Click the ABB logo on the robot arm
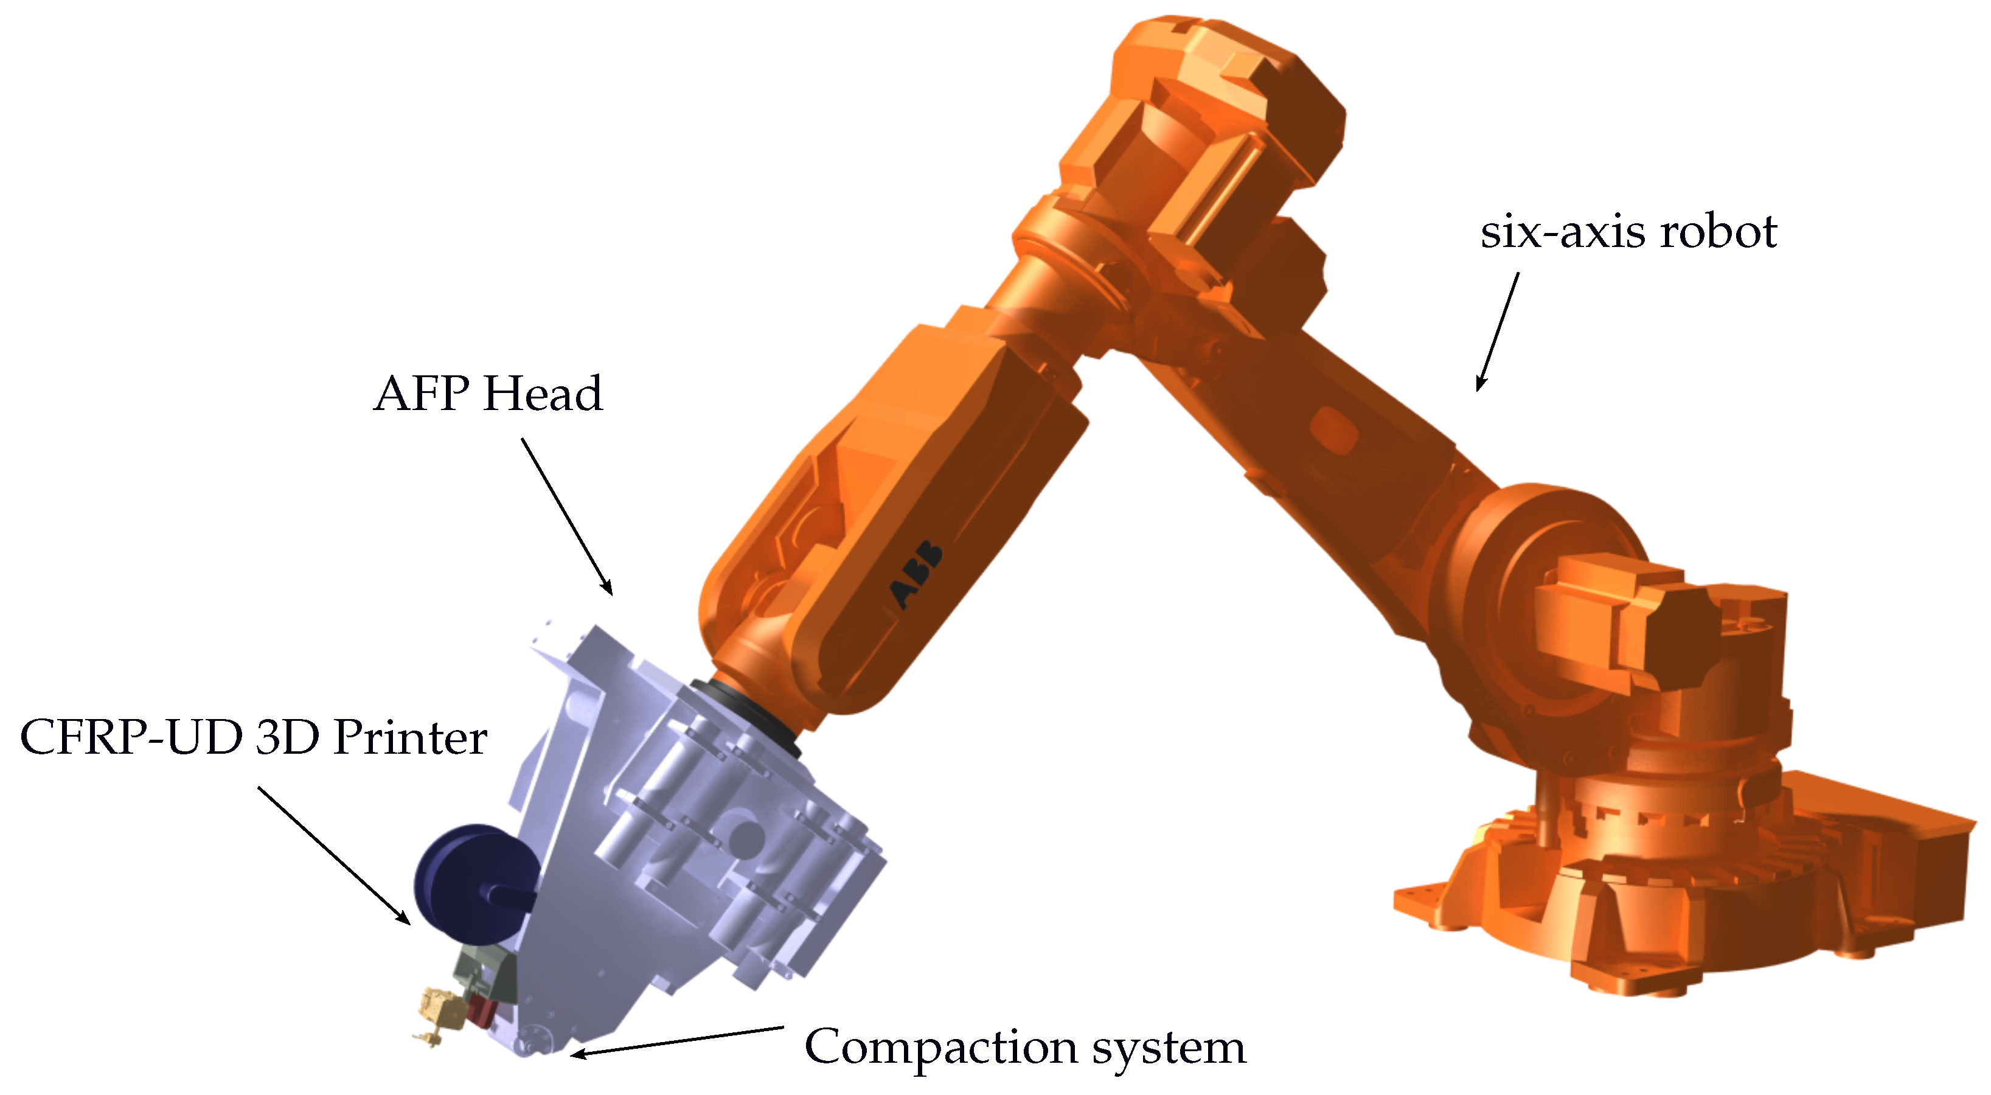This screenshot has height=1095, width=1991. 917,574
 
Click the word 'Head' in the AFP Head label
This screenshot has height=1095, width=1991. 543,394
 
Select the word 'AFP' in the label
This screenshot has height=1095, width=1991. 422,394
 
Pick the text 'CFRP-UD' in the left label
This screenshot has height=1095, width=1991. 131,737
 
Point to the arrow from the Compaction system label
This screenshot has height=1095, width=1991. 677,1040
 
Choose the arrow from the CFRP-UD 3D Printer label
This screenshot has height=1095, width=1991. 333,855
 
